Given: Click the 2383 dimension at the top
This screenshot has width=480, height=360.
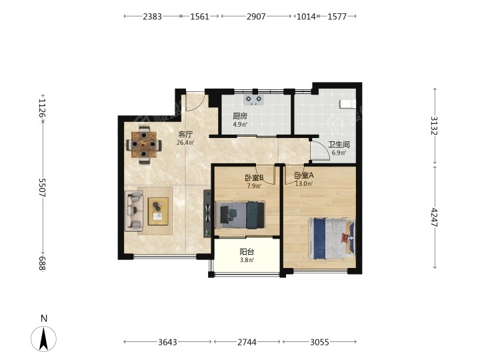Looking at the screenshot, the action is [x=152, y=17].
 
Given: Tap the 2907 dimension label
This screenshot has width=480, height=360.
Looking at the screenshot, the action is [x=256, y=17].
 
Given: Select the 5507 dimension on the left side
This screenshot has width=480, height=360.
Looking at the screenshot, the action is [x=42, y=187].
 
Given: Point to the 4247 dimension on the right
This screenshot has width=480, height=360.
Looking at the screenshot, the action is [x=435, y=217].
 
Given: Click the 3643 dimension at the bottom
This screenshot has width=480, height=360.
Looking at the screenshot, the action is [x=167, y=342].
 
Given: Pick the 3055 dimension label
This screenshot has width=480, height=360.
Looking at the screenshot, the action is [x=319, y=342].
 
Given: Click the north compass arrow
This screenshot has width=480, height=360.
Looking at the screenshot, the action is [x=44, y=339].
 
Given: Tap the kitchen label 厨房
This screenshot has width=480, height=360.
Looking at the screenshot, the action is [x=240, y=116].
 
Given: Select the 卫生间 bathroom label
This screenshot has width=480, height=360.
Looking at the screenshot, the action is [x=339, y=145].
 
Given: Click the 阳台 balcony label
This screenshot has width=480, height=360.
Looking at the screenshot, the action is [x=247, y=252].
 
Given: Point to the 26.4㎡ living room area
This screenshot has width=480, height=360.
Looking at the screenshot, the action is [x=185, y=143].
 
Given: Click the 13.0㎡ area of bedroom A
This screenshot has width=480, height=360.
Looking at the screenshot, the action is [x=304, y=184].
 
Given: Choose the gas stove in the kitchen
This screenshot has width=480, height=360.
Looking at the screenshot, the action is [x=254, y=100].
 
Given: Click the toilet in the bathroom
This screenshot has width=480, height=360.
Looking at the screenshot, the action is [x=348, y=104].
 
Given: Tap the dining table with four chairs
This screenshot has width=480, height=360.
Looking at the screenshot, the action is [x=144, y=144].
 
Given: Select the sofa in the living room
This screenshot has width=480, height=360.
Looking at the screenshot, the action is [x=134, y=210].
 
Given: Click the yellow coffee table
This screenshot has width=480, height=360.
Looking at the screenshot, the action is [x=158, y=211].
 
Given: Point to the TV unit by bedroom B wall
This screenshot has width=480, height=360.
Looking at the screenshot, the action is [x=207, y=213].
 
